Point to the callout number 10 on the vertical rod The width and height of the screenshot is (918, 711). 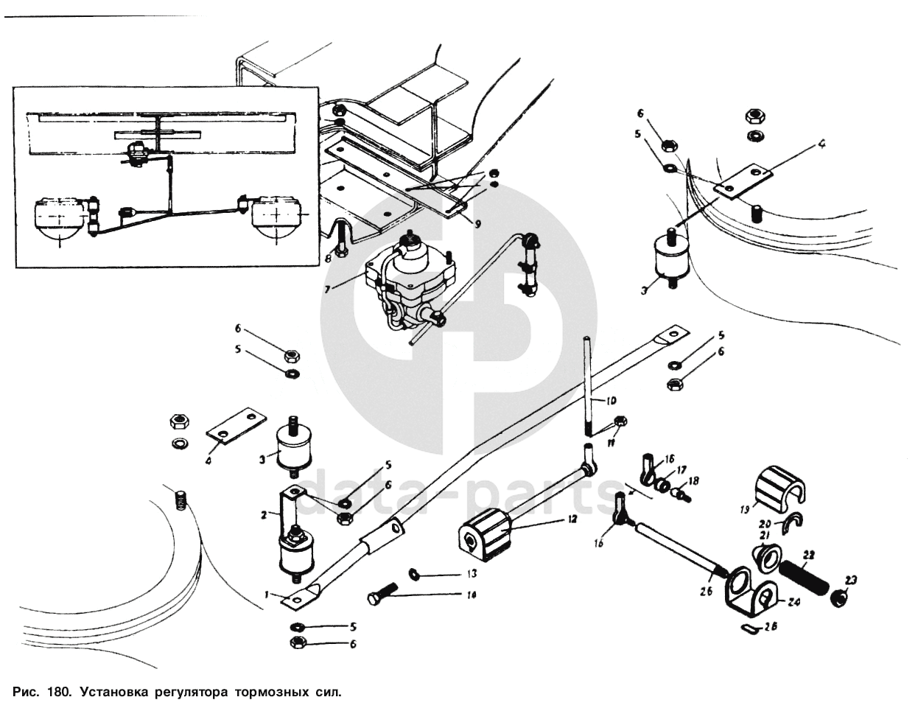(611, 402)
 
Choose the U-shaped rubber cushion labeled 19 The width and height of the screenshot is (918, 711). (782, 488)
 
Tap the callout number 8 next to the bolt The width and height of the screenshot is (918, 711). (329, 258)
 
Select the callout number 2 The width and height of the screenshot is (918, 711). (264, 516)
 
